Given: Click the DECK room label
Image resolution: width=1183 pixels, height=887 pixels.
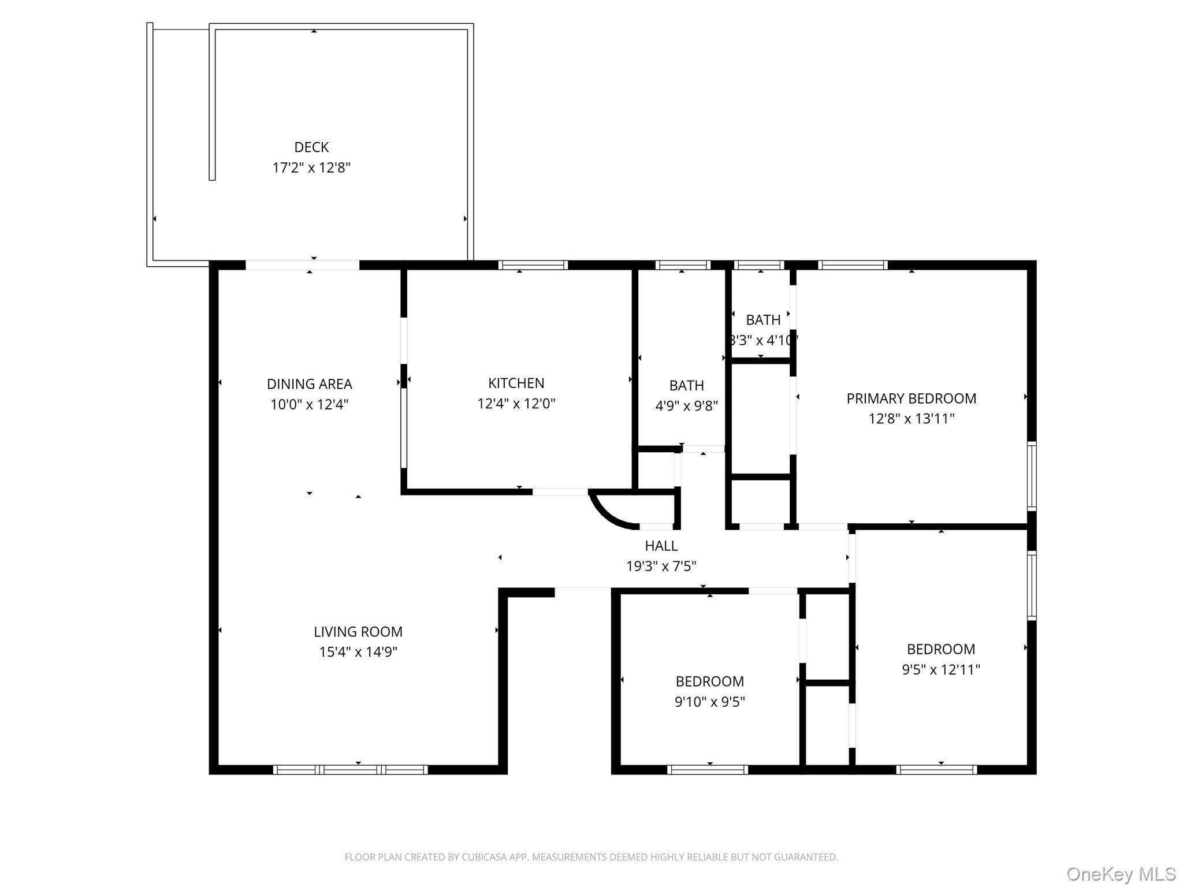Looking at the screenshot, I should [311, 147].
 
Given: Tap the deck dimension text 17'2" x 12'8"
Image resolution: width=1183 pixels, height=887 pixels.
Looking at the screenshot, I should [311, 168].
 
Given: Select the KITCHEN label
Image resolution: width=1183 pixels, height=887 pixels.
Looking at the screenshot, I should [516, 383].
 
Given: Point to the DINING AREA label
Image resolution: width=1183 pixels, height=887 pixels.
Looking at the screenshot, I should [309, 384].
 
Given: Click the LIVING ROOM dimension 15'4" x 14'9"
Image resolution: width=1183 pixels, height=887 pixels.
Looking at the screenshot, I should [358, 652].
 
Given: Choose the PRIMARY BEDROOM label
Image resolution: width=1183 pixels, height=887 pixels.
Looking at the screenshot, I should [911, 398].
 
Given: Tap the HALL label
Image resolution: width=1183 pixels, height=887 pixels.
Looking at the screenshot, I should [661, 546].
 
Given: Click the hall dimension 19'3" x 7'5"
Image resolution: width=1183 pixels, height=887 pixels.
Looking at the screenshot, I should [661, 567].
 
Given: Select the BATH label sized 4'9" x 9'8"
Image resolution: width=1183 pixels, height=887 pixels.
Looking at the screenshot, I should [686, 386].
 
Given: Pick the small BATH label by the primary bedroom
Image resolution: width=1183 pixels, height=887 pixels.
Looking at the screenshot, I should [762, 320].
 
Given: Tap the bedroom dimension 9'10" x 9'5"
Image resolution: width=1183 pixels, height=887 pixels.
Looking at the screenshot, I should [709, 702].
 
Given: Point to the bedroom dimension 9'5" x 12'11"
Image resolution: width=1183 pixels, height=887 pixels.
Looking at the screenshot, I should [940, 670].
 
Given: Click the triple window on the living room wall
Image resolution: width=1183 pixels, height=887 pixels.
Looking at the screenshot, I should [350, 770].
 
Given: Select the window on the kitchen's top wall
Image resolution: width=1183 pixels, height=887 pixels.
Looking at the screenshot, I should [533, 265].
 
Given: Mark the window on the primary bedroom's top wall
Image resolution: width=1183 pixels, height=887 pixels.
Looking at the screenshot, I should [853, 265].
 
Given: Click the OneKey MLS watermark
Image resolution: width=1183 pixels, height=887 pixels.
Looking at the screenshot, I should [1121, 874].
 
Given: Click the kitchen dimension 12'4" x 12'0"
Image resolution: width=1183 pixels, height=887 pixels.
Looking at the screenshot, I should [516, 404].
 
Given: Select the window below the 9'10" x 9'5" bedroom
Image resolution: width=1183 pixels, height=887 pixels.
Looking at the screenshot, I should [707, 770].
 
